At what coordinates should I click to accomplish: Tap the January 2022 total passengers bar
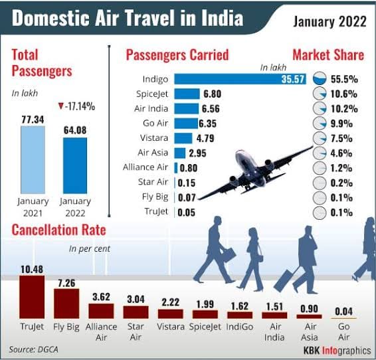click(x=74, y=165)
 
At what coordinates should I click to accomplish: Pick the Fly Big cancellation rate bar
click(x=66, y=303)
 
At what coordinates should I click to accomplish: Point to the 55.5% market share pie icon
click(x=319, y=78)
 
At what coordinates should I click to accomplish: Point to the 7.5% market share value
click(x=349, y=138)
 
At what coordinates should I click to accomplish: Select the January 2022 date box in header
click(x=329, y=21)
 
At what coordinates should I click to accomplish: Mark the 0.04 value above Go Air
click(x=344, y=309)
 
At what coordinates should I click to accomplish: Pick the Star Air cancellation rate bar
click(x=136, y=312)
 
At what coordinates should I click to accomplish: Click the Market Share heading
click(x=328, y=54)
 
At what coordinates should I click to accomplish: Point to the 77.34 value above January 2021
click(x=33, y=118)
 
